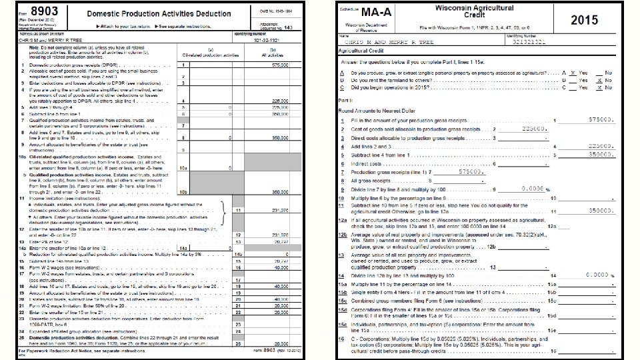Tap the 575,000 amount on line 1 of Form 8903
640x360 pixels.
(x=280, y=65)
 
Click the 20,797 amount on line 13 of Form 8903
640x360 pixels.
(x=280, y=242)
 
